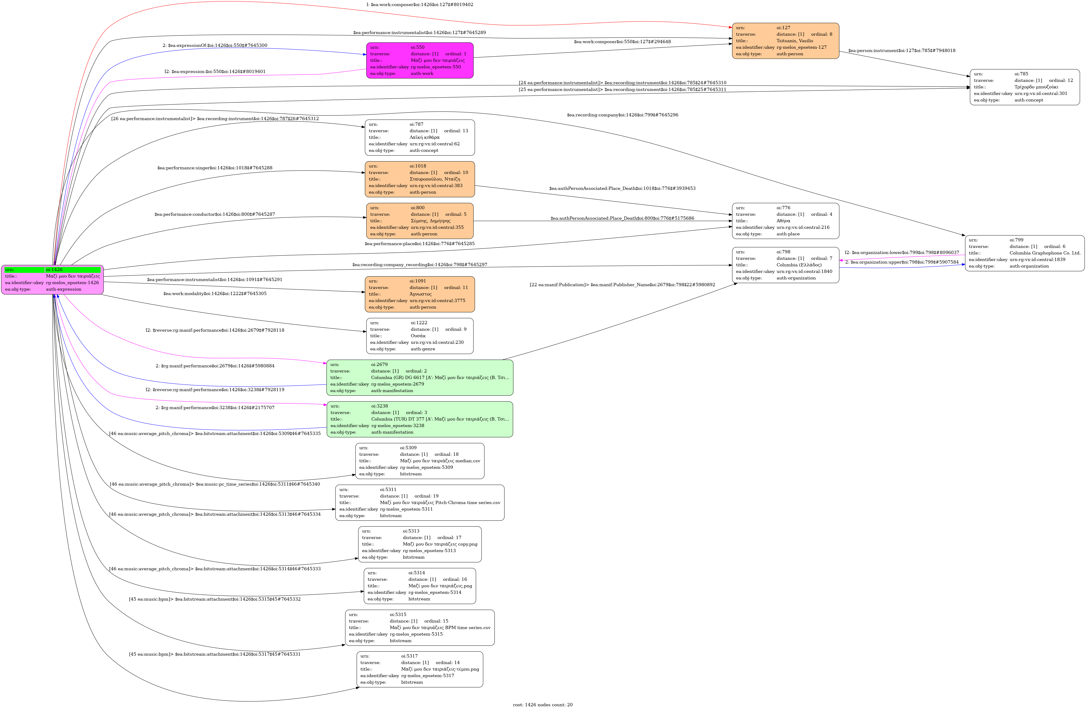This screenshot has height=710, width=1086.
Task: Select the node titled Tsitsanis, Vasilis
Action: click(785, 41)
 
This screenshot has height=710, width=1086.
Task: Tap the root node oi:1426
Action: click(52, 279)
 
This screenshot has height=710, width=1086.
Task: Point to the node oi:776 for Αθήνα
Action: click(785, 221)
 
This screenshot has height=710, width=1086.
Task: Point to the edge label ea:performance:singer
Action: click(214, 168)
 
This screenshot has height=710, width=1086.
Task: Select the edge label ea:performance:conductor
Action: click(214, 214)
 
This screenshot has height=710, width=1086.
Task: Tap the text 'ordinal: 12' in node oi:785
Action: click(1061, 80)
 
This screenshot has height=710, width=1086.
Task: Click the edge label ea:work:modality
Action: click(214, 293)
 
